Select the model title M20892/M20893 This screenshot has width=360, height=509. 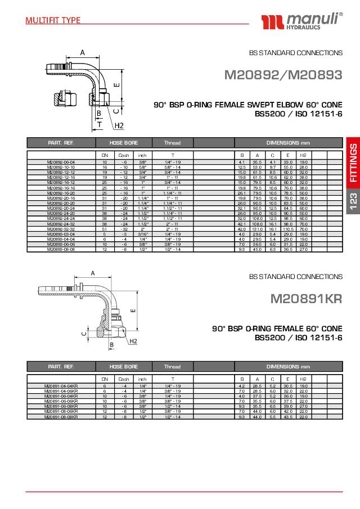coord(283,75)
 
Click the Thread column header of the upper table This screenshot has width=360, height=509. coord(172,143)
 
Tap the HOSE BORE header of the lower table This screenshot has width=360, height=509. coord(124,366)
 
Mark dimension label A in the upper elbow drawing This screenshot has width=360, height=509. coord(82,52)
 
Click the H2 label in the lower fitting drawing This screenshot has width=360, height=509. coord(133,341)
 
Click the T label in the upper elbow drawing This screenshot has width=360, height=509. coord(100,124)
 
